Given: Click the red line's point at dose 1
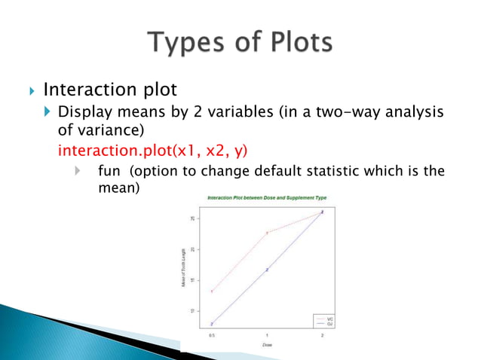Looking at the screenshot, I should [267, 233].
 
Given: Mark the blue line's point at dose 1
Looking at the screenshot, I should [267, 269].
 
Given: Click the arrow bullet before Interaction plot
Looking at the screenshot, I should [30, 91].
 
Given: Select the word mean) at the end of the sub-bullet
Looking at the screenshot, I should [119, 187].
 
